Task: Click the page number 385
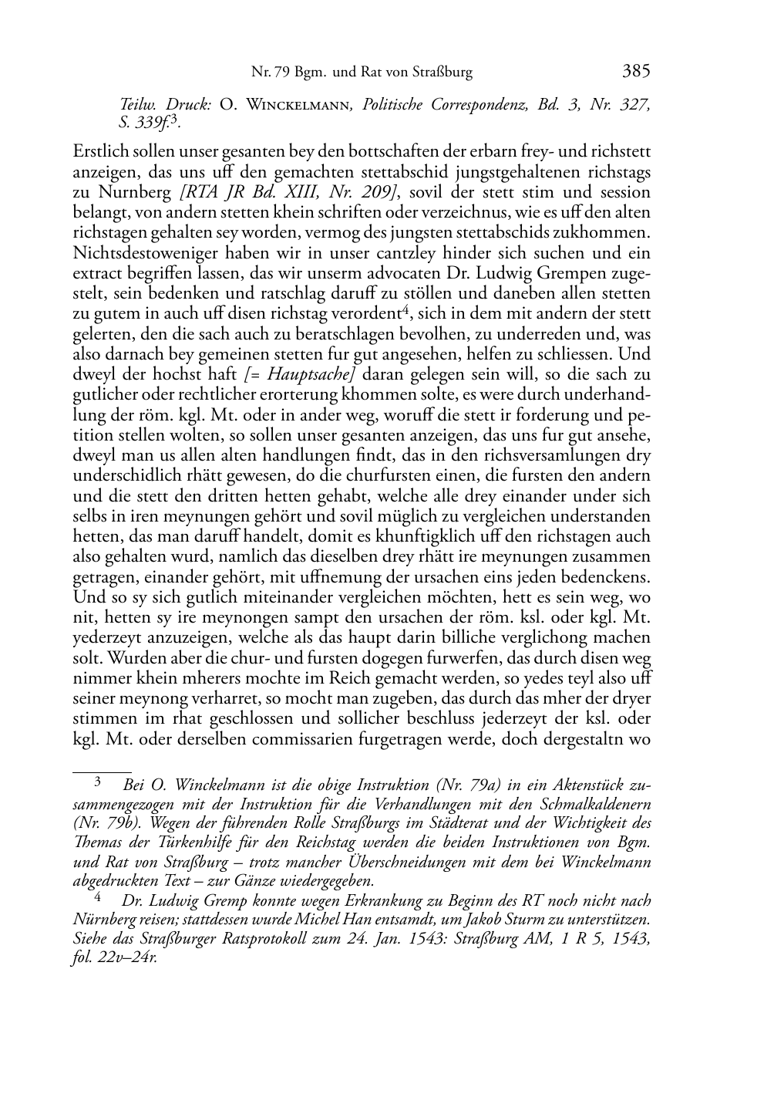[636, 72]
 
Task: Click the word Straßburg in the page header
[439, 73]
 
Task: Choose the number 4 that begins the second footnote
[98, 898]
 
